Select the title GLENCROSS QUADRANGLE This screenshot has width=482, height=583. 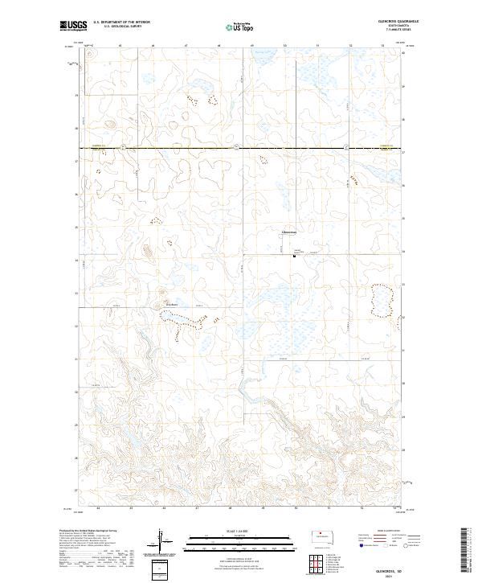pos(390,22)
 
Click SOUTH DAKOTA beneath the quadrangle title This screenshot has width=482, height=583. pos(390,27)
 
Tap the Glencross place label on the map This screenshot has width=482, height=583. pos(288,233)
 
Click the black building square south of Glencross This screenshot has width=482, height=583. pos(295,257)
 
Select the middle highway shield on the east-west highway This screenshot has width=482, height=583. pos(237,147)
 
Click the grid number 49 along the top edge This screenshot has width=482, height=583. pos(251,46)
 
